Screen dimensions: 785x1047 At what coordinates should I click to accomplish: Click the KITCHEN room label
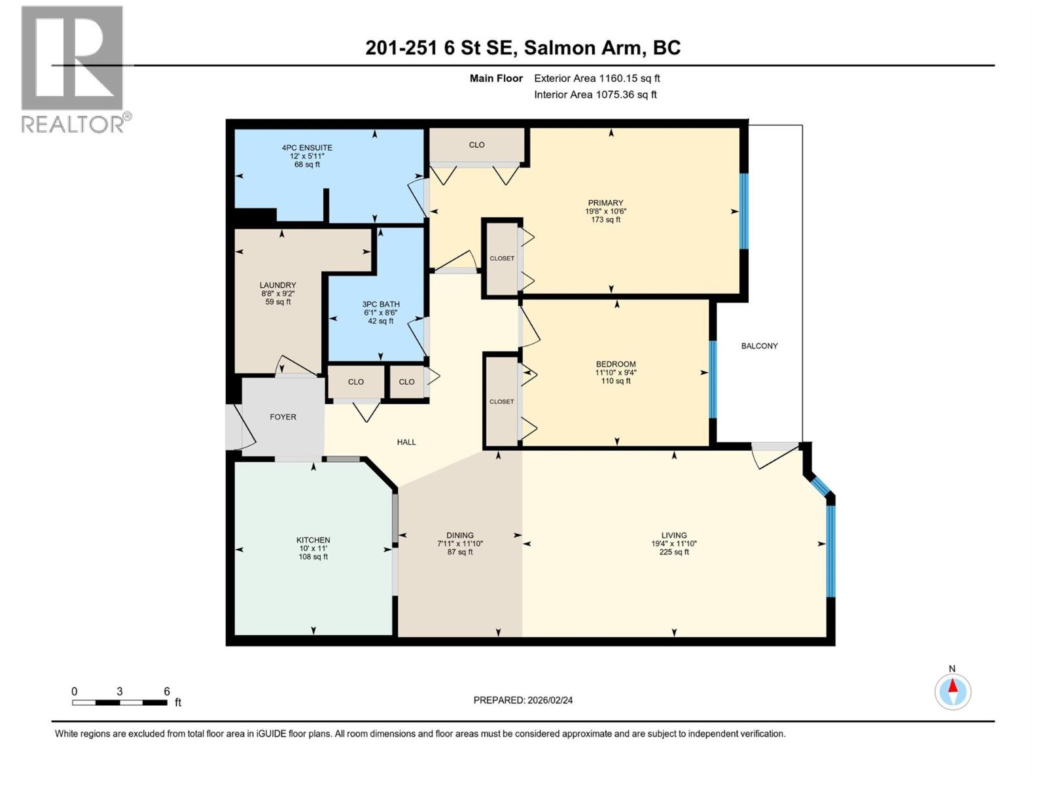click(x=313, y=540)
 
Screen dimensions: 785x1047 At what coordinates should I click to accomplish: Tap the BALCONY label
click(x=759, y=346)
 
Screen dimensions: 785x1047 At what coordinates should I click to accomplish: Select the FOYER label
click(x=283, y=417)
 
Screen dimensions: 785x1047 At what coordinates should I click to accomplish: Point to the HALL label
click(x=406, y=442)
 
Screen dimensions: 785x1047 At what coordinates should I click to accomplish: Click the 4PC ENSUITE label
click(x=307, y=148)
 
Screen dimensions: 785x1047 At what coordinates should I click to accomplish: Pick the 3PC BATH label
click(x=381, y=304)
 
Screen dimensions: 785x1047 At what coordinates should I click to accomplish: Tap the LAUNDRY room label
click(x=277, y=285)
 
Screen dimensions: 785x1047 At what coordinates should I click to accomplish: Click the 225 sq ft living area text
click(x=674, y=552)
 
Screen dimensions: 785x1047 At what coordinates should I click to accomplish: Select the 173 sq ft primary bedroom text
click(x=605, y=220)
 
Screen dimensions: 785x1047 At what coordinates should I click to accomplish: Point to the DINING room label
click(x=460, y=535)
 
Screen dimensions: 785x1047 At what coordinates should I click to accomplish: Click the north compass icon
click(x=953, y=691)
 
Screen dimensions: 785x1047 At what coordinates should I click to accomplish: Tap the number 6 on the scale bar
click(x=167, y=691)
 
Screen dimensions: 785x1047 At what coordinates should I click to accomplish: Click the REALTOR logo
click(x=73, y=69)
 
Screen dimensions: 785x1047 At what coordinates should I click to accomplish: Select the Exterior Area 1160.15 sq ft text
click(x=597, y=78)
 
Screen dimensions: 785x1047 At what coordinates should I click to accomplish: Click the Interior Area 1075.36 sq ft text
click(x=595, y=95)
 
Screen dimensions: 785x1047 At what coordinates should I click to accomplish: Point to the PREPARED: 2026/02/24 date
click(x=523, y=700)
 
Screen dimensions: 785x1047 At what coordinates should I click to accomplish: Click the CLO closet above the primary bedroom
click(x=476, y=145)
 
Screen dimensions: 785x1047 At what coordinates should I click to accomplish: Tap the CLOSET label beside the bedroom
click(x=501, y=402)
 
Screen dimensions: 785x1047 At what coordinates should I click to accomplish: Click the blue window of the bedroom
click(x=713, y=379)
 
